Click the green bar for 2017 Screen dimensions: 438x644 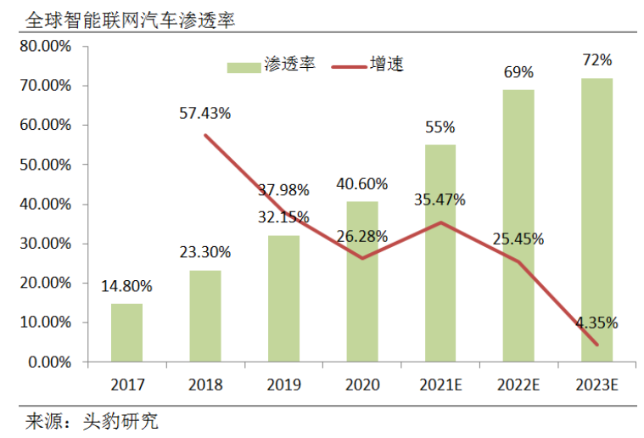(126, 333)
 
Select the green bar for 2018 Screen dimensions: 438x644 (205, 316)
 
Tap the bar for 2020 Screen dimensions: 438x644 (362, 282)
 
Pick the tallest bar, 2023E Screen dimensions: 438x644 (596, 220)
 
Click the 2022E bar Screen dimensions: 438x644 (518, 226)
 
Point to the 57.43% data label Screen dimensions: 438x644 (205, 112)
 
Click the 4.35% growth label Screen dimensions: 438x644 (596, 323)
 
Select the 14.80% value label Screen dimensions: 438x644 (126, 287)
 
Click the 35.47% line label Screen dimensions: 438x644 (440, 200)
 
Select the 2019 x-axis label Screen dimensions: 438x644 (283, 385)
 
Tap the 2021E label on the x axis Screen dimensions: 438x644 (440, 385)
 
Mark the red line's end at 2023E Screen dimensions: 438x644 (597, 345)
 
